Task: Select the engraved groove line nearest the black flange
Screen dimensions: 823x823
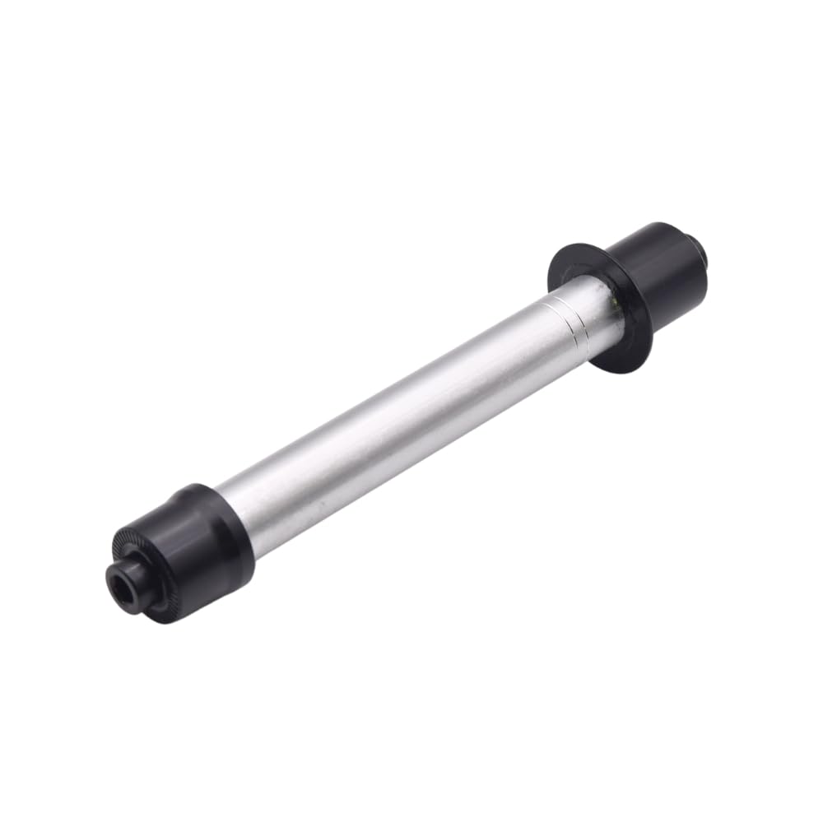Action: (x=576, y=318)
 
